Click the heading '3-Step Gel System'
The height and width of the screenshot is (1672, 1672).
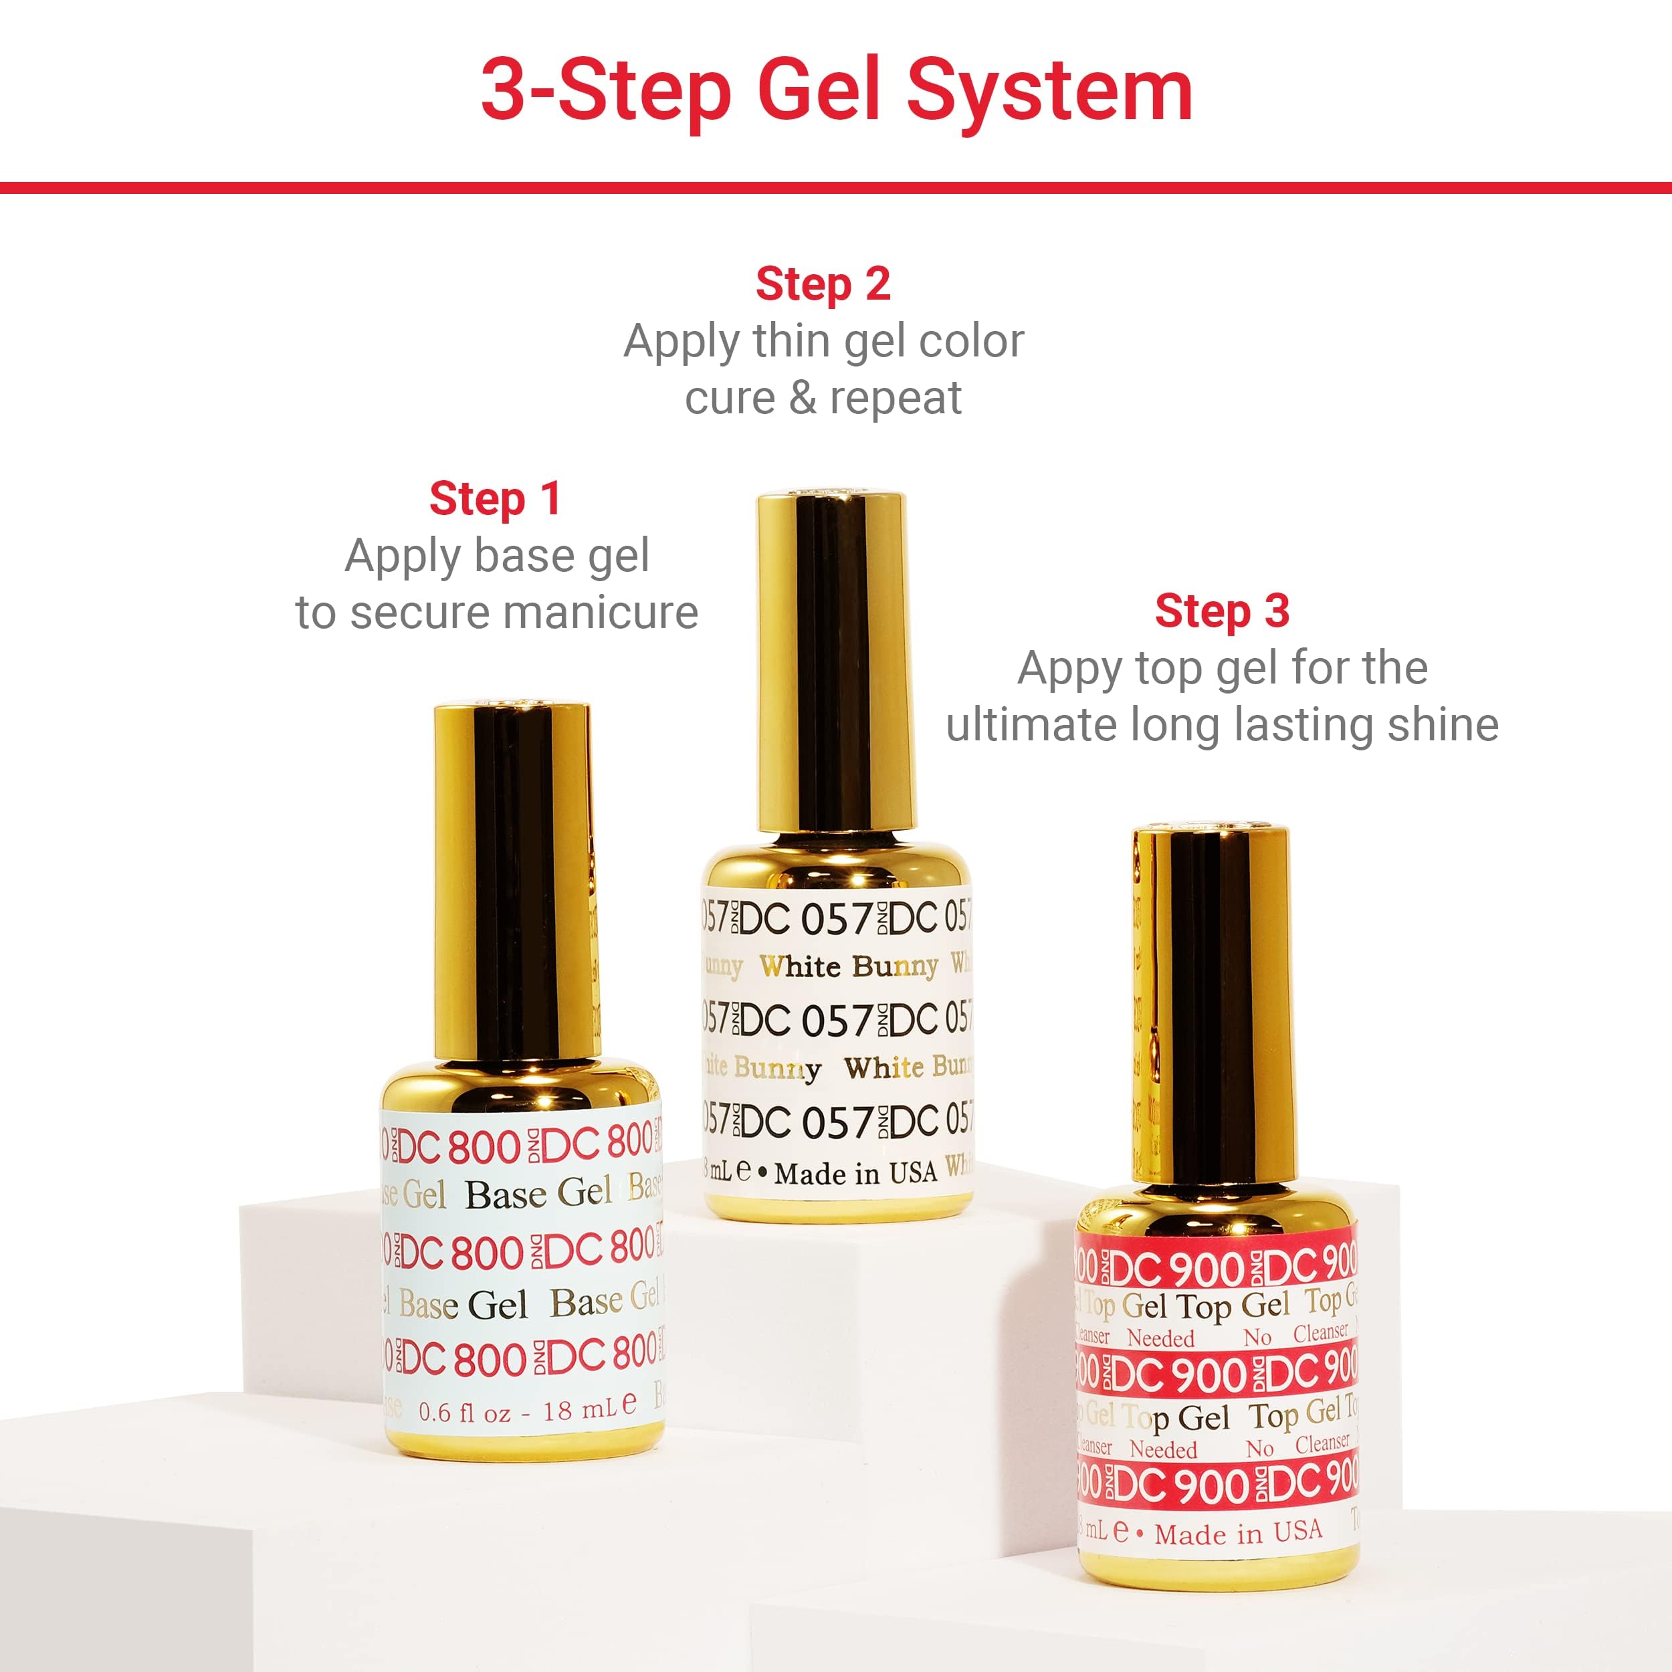(836, 91)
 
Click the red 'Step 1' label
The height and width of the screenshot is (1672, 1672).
(495, 500)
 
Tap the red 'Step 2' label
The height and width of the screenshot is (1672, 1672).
(823, 285)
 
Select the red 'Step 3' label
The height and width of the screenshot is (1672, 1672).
(1222, 612)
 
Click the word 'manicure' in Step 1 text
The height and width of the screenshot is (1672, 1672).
(601, 613)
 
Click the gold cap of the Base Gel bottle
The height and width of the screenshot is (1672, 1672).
(512, 883)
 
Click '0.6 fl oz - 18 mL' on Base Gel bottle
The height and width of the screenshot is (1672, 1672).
(526, 1413)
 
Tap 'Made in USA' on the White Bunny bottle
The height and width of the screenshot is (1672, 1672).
(855, 1174)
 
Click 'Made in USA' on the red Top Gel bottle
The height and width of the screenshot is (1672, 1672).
(1237, 1534)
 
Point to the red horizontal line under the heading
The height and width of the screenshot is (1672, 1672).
(836, 188)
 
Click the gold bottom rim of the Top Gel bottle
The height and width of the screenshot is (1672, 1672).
(1219, 1568)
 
